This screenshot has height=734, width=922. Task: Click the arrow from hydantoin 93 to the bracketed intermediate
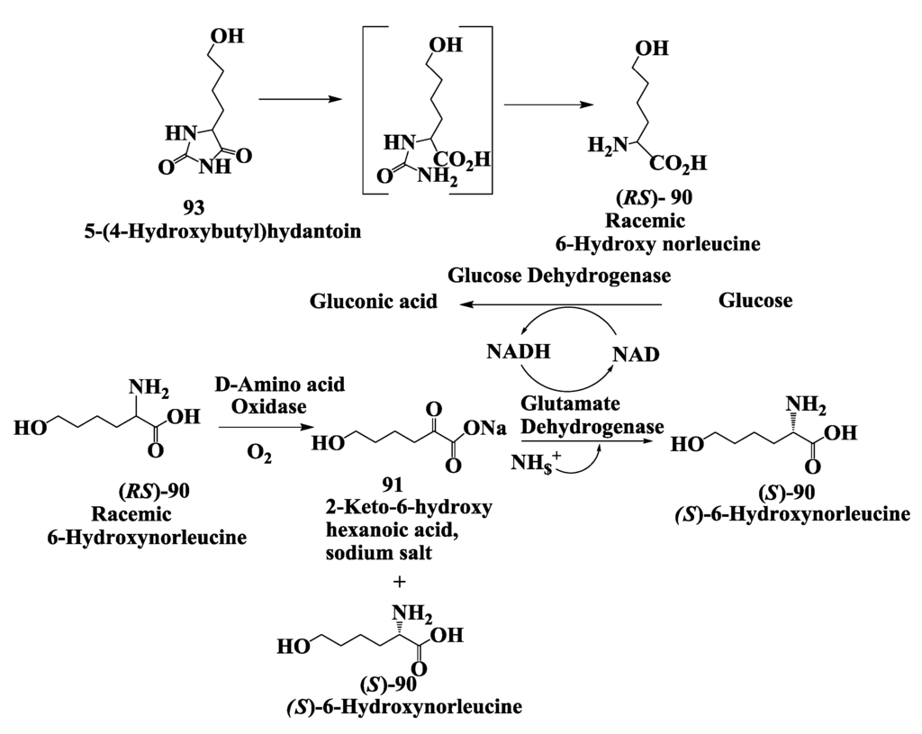tap(299, 98)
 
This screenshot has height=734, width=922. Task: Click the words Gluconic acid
tap(374, 302)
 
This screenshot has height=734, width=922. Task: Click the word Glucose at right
tap(755, 301)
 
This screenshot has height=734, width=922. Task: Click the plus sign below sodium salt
tap(401, 582)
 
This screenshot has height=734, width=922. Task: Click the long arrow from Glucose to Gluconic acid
tap(558, 306)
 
